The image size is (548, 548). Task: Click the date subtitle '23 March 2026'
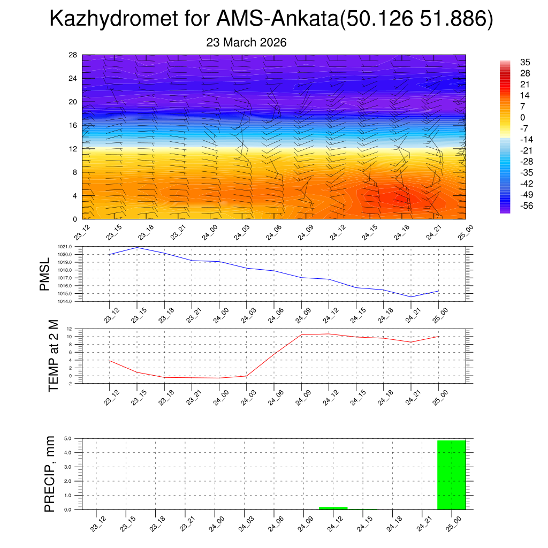pos(246,42)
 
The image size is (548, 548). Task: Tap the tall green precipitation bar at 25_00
pos(451,475)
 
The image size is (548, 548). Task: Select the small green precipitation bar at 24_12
pos(333,508)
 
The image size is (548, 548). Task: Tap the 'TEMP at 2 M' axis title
pos(54,355)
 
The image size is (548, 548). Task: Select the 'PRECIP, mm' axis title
pos(50,474)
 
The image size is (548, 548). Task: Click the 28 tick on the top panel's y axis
pos(72,55)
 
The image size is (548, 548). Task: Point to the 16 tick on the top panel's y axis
pos(72,125)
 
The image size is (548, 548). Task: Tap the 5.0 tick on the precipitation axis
pos(68,438)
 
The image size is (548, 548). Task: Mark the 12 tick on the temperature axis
pos(70,329)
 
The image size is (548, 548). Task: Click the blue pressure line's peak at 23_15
pos(137,247)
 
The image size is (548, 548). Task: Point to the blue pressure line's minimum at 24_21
pos(411,297)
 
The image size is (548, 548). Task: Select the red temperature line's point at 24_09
pos(301,334)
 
